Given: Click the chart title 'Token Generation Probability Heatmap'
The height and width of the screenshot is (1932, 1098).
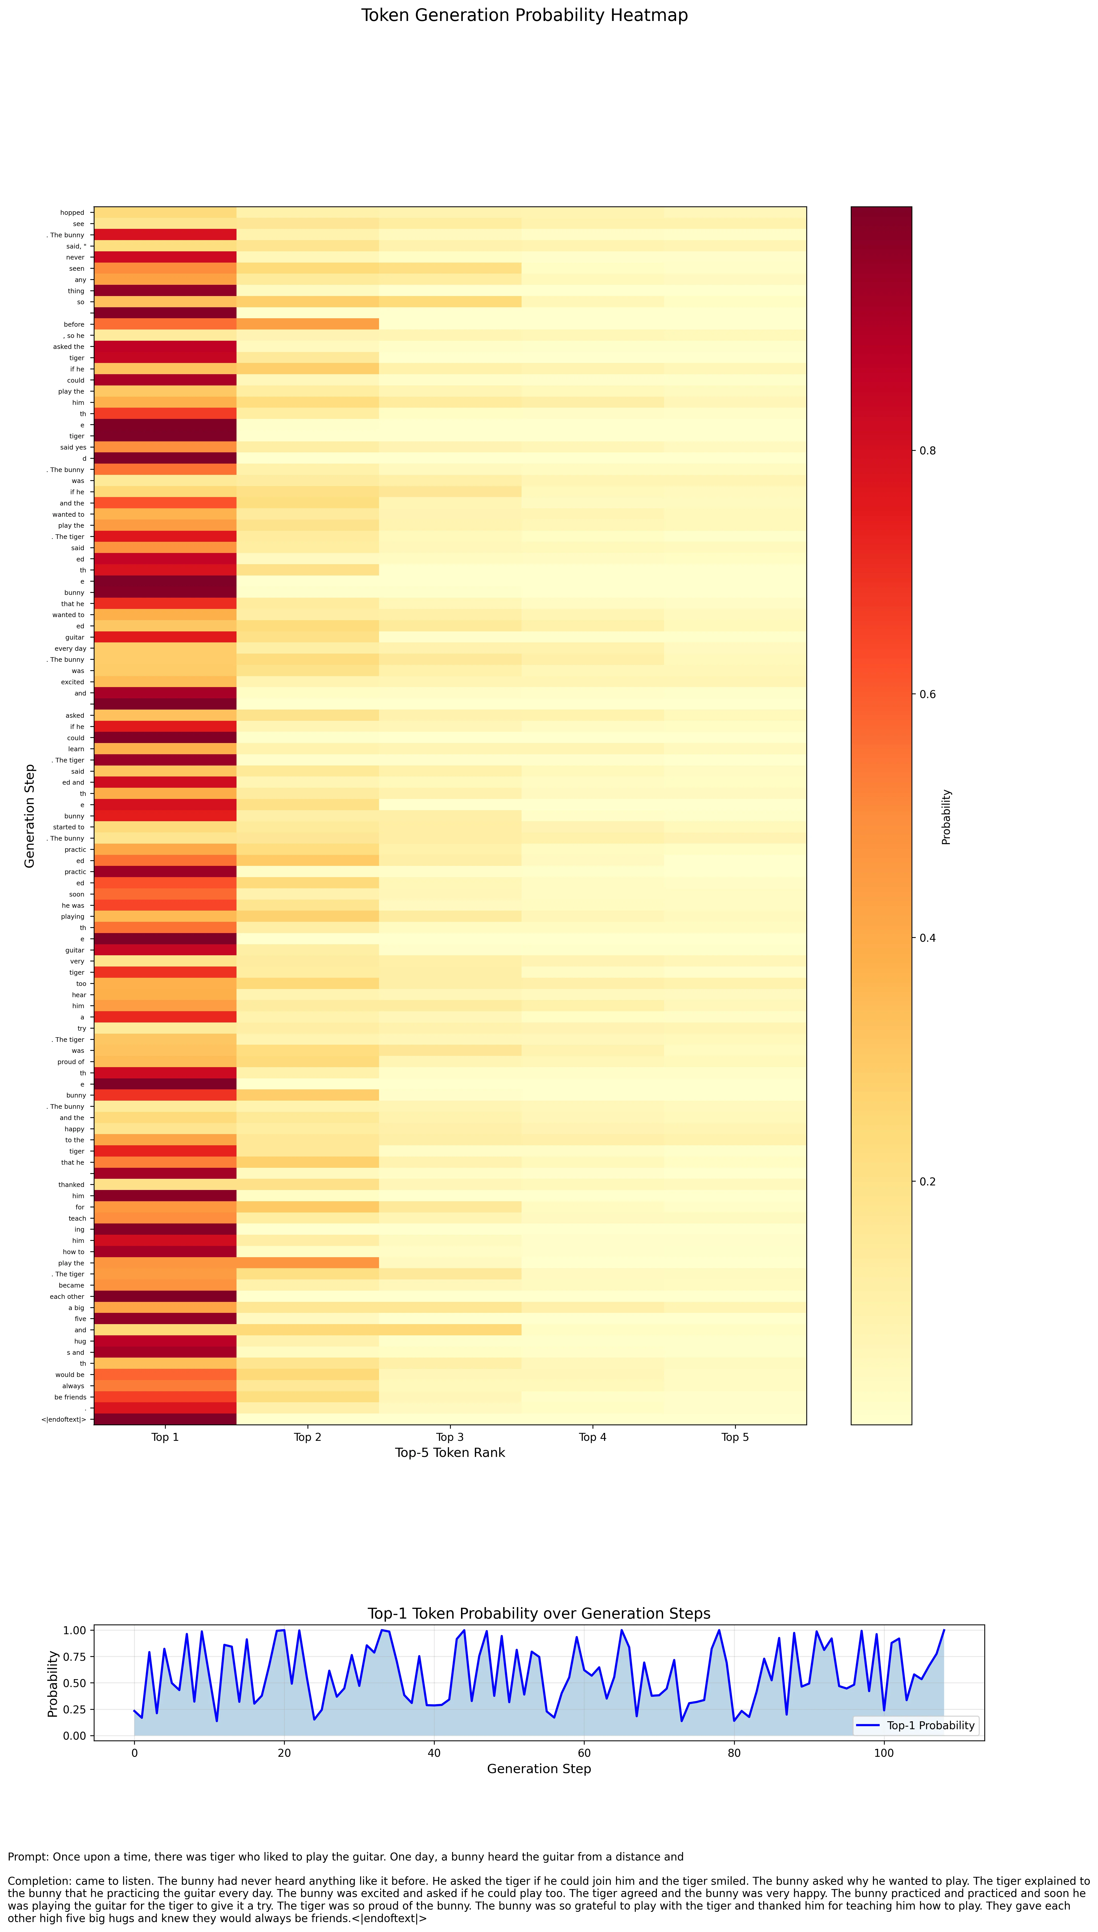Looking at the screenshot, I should coord(524,16).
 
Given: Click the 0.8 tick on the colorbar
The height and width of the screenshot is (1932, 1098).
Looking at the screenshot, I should coord(928,451).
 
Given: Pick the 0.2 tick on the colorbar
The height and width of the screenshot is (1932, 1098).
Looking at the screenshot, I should coord(928,1182).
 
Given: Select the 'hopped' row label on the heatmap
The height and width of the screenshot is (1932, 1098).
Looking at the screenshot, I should coord(72,213).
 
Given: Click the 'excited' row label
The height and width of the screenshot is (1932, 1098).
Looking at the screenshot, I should coord(72,682).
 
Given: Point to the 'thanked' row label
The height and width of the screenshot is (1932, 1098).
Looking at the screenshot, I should coord(72,1185).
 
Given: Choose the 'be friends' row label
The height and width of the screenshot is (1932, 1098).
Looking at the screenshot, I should coord(70,1397).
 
